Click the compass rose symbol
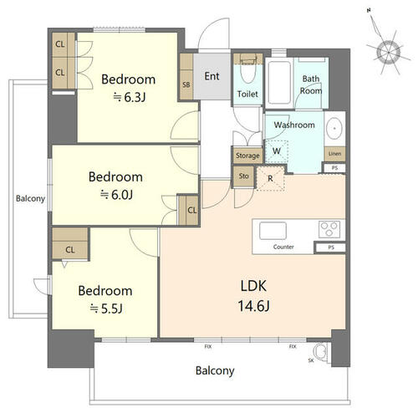(389, 52)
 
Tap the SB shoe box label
(186, 84)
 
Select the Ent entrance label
(212, 76)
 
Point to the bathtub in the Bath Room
(279, 84)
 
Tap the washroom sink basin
(334, 129)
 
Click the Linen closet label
(334, 154)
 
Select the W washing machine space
(277, 151)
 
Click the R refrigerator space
(270, 179)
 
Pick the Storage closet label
(247, 156)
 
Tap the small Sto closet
(243, 176)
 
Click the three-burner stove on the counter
(329, 229)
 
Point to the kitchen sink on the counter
(273, 231)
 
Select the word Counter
(283, 247)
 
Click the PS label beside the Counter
(331, 247)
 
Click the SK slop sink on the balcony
(321, 352)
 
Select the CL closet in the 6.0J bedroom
(188, 210)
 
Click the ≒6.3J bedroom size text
(130, 97)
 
